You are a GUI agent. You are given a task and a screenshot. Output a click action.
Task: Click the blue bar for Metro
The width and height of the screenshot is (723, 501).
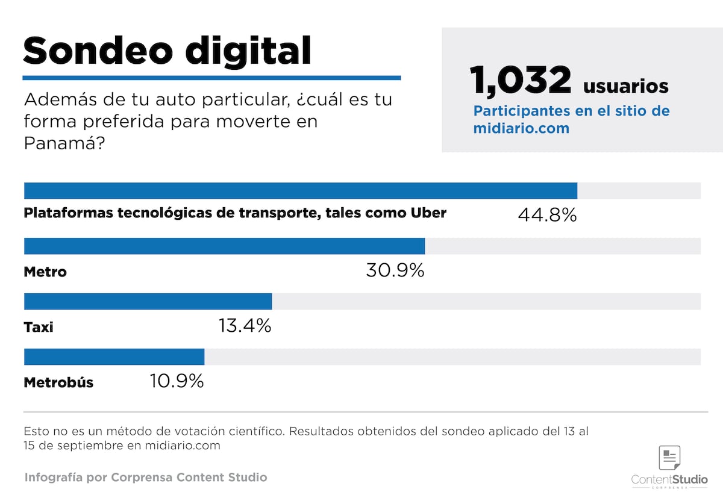pyautogui.click(x=224, y=246)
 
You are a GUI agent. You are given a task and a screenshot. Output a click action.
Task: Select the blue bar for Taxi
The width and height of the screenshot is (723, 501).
pyautogui.click(x=148, y=301)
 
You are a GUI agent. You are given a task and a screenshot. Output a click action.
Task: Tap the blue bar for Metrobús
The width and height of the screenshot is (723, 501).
pyautogui.click(x=114, y=356)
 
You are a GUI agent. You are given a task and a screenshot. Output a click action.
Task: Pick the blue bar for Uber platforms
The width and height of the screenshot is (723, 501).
pyautogui.click(x=300, y=190)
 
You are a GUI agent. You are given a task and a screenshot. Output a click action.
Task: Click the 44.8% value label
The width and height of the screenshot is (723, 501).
pyautogui.click(x=547, y=214)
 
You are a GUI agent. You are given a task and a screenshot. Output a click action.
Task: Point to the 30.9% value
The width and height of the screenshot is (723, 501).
pyautogui.click(x=395, y=270)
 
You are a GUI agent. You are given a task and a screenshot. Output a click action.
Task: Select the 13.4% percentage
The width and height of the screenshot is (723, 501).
pyautogui.click(x=244, y=326)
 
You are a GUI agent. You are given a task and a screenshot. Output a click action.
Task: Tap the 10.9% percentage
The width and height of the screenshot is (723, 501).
pyautogui.click(x=177, y=381)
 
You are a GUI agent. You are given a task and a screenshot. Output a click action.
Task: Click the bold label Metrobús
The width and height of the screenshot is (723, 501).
pyautogui.click(x=58, y=382)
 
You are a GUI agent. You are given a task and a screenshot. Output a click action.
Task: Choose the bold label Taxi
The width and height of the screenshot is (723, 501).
pyautogui.click(x=39, y=327)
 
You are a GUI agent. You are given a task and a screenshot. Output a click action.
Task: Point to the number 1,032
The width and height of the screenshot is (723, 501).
pyautogui.click(x=521, y=81)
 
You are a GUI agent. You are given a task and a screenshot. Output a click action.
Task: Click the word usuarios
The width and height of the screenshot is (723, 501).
pyautogui.click(x=625, y=86)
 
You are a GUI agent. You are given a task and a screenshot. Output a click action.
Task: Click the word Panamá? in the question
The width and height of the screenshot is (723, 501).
pyautogui.click(x=60, y=144)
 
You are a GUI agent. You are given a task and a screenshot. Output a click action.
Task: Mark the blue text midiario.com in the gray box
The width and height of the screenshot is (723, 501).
pyautogui.click(x=521, y=128)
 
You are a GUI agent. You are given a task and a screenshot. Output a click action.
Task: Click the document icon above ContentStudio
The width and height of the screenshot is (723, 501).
pyautogui.click(x=669, y=458)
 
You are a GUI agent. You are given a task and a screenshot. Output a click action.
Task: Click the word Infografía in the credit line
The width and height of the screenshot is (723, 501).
pyautogui.click(x=53, y=478)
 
